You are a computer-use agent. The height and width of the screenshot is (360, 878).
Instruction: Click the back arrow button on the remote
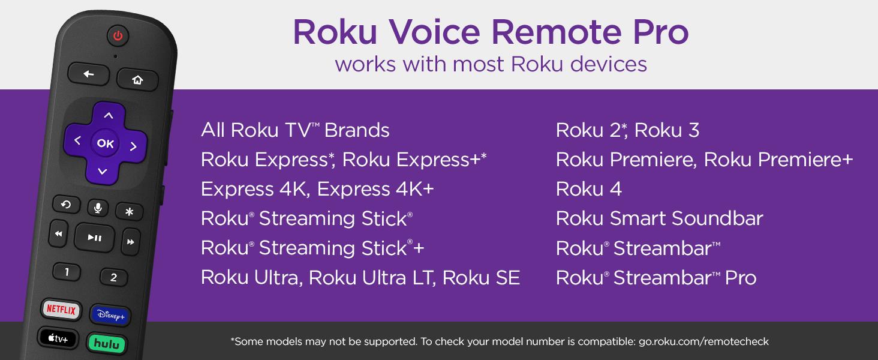click(89, 74)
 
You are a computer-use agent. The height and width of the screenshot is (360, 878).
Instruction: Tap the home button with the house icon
click(137, 80)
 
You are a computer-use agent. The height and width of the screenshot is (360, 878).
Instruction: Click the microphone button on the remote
click(98, 208)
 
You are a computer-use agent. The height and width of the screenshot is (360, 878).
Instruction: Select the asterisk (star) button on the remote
click(130, 212)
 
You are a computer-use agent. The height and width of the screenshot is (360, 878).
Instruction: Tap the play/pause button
click(95, 238)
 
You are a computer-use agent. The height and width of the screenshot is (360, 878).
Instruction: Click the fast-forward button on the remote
click(131, 242)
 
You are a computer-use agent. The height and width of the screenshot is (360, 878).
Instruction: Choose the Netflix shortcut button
click(61, 310)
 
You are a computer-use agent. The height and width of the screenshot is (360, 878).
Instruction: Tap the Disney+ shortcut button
click(110, 315)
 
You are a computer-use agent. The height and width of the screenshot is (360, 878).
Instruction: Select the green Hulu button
click(107, 344)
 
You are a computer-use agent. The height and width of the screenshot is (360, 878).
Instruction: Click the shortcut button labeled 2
click(114, 278)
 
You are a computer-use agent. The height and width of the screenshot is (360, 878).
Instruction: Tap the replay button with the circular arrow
click(66, 205)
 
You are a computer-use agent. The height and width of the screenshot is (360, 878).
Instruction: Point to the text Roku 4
click(589, 189)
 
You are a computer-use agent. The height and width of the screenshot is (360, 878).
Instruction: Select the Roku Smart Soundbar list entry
click(660, 218)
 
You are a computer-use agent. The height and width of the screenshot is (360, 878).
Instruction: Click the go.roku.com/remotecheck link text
click(703, 341)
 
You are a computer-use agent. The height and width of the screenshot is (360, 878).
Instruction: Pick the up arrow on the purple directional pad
click(109, 115)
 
